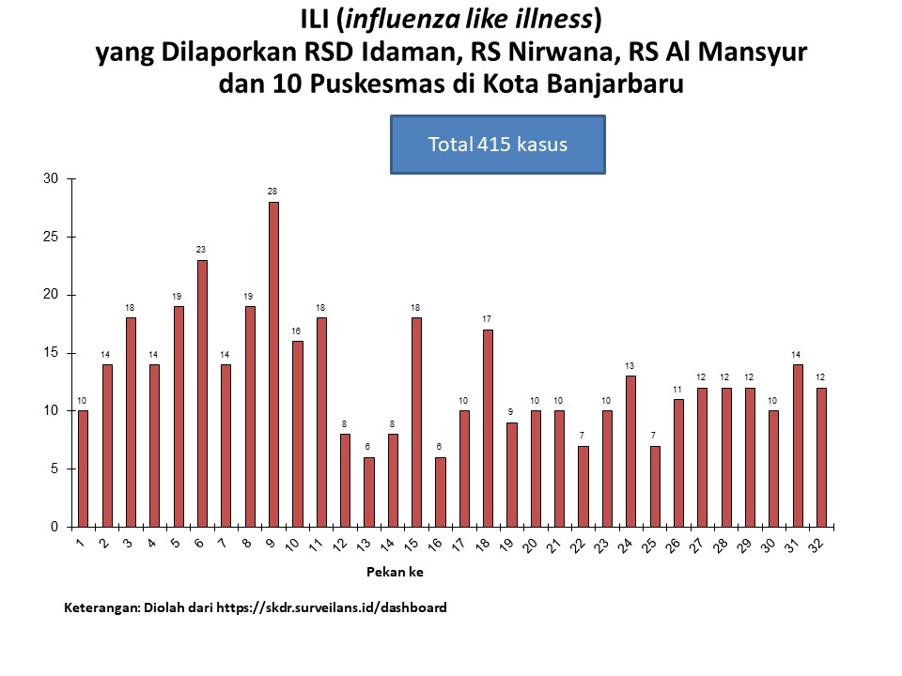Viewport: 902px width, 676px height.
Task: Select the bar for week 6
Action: pos(202,393)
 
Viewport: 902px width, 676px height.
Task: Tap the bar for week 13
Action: pos(369,492)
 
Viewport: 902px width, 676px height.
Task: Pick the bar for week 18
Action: pos(488,428)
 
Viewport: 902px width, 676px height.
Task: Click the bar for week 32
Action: pos(822,457)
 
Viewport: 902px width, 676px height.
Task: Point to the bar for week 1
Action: pos(83,469)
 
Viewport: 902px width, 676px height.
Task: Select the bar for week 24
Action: pos(630,452)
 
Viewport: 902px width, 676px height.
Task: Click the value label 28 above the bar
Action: pos(272,192)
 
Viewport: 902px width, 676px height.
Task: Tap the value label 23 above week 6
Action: pos(201,250)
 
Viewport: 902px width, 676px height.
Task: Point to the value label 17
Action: pos(488,319)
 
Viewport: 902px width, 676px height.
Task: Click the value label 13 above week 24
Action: pos(630,366)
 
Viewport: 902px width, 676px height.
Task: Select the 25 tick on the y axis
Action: pos(51,238)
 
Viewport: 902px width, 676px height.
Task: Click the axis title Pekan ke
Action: pos(385,570)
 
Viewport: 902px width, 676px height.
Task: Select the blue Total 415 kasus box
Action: pos(497,145)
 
